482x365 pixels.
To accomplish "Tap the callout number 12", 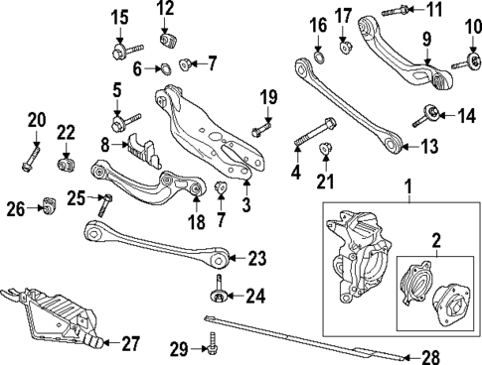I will pyautogui.click(x=165, y=10).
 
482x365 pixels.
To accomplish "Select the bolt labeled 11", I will pyautogui.click(x=389, y=13).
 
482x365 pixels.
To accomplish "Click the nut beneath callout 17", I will pyautogui.click(x=343, y=43).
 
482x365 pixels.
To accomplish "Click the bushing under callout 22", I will pyautogui.click(x=66, y=159).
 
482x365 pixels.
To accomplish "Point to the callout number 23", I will pyautogui.click(x=257, y=259).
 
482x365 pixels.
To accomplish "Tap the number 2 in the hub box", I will pyautogui.click(x=435, y=239).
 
